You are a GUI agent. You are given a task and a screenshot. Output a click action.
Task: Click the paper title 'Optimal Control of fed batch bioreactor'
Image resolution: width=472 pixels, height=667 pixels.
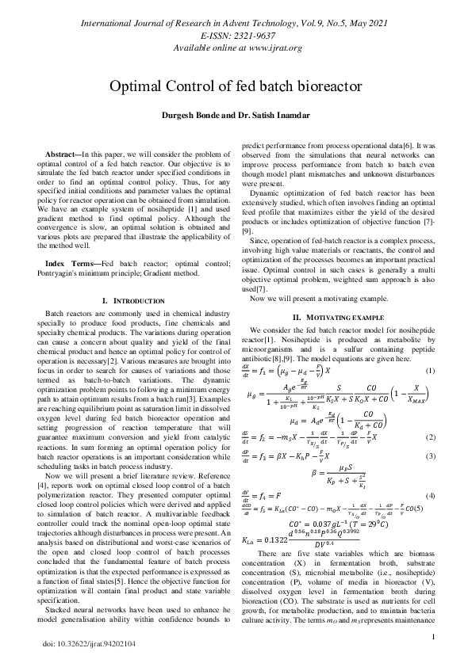236,85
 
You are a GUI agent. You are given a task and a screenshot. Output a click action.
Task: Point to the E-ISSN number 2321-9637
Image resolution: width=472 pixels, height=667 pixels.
249,36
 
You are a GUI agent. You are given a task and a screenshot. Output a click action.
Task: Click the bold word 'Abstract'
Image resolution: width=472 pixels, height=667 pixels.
61,154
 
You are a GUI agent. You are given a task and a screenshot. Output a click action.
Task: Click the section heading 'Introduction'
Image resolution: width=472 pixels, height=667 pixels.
136,302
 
